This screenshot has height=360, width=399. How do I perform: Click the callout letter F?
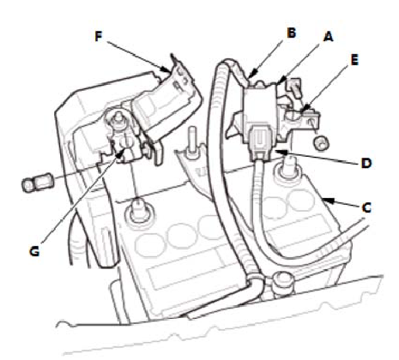99,37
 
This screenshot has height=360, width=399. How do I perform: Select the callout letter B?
291,33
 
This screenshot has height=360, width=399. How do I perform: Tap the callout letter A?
329,37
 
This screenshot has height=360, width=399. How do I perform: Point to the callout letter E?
354,60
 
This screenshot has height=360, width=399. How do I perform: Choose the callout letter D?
366,163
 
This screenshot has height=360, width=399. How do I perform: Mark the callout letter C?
366,207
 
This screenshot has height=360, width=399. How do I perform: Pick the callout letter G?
34,251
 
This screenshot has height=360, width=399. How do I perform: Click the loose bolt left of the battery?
36,183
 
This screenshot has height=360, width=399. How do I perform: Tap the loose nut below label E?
322,143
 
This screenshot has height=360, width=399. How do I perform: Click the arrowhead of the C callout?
329,200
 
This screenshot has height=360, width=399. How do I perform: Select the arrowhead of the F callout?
166,69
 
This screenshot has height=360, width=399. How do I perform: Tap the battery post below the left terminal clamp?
138,210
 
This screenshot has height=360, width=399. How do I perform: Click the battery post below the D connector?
285,170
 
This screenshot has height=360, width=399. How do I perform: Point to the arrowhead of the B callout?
251,75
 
